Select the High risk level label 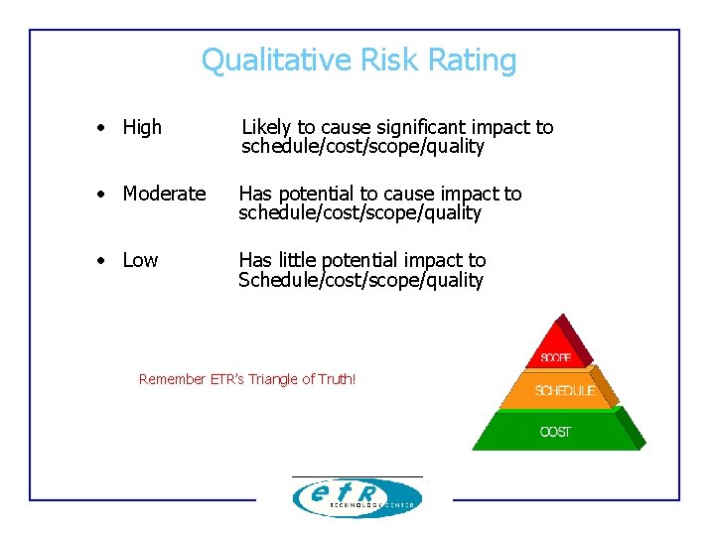(x=142, y=127)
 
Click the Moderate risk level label (x=164, y=194)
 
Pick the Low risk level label (x=140, y=260)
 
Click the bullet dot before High (x=101, y=127)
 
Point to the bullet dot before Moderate (x=101, y=194)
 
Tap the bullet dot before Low (x=101, y=260)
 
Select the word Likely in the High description (x=266, y=127)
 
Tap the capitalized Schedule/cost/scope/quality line (x=360, y=280)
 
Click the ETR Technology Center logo (x=357, y=497)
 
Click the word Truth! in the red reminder (x=335, y=379)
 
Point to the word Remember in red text (x=172, y=379)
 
